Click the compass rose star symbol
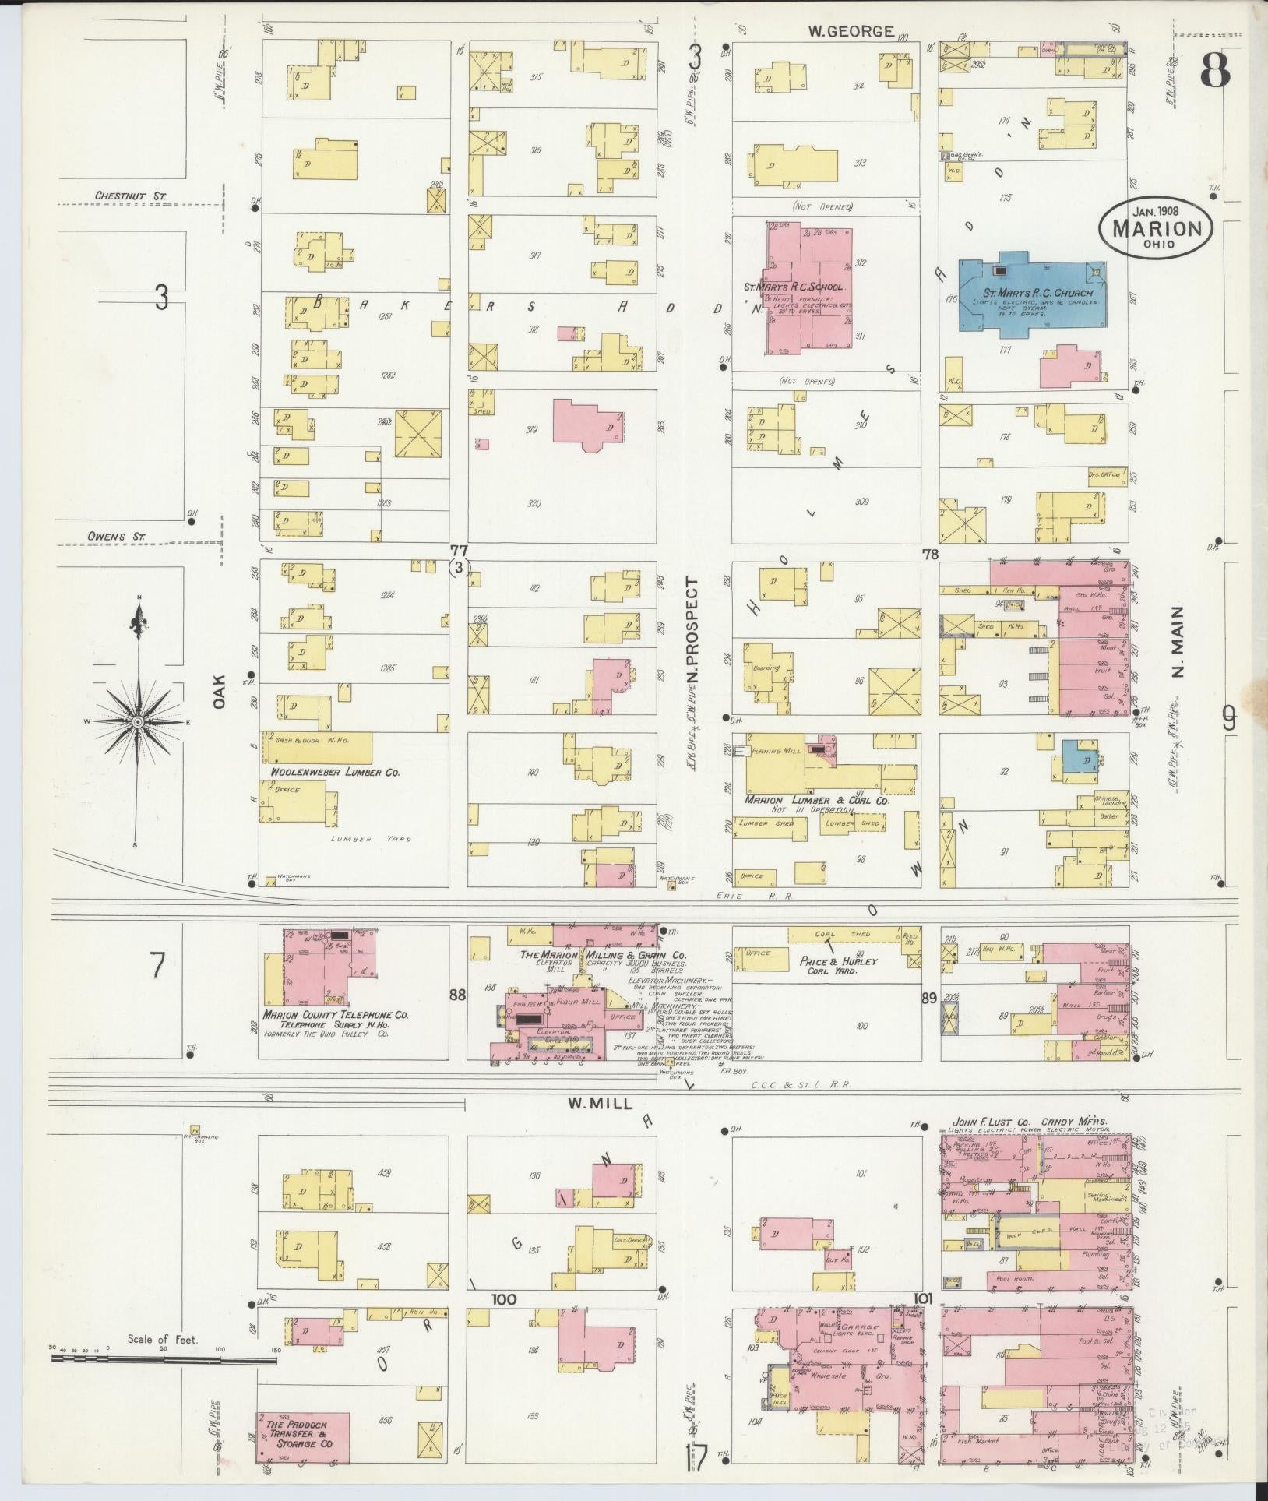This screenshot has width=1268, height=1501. click(138, 721)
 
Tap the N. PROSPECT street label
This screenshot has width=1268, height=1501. click(692, 631)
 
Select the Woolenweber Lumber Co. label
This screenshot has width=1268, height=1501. click(335, 772)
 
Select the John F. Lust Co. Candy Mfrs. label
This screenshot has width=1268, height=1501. click(1028, 1122)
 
